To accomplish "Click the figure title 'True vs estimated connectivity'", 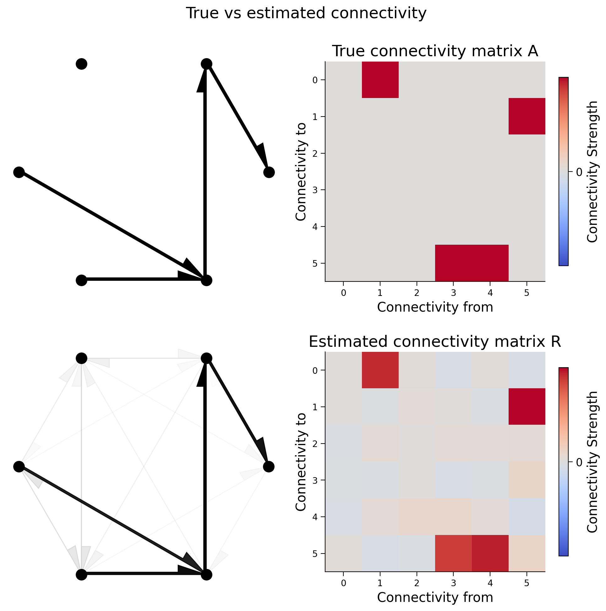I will point(306,13).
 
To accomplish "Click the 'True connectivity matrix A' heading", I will point(435,51).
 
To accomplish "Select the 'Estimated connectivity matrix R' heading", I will point(435,341).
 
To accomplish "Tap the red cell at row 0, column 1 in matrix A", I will point(380,80).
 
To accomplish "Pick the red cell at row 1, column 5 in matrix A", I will point(527,116).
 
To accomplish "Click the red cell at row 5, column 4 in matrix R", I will point(490,554).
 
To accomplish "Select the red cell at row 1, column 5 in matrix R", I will point(527,407).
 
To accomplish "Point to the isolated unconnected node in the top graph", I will point(81,64).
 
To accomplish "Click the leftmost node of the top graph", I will point(19,172).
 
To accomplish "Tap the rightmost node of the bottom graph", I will point(269,467).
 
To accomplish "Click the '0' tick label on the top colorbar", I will point(579,172).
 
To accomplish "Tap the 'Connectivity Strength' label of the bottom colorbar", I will point(592,462).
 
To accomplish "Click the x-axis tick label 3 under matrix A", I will point(453,293).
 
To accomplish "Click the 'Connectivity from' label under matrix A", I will point(435,307).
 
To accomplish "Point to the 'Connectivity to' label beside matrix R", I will point(301,462).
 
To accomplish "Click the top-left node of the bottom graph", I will point(81,358).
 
